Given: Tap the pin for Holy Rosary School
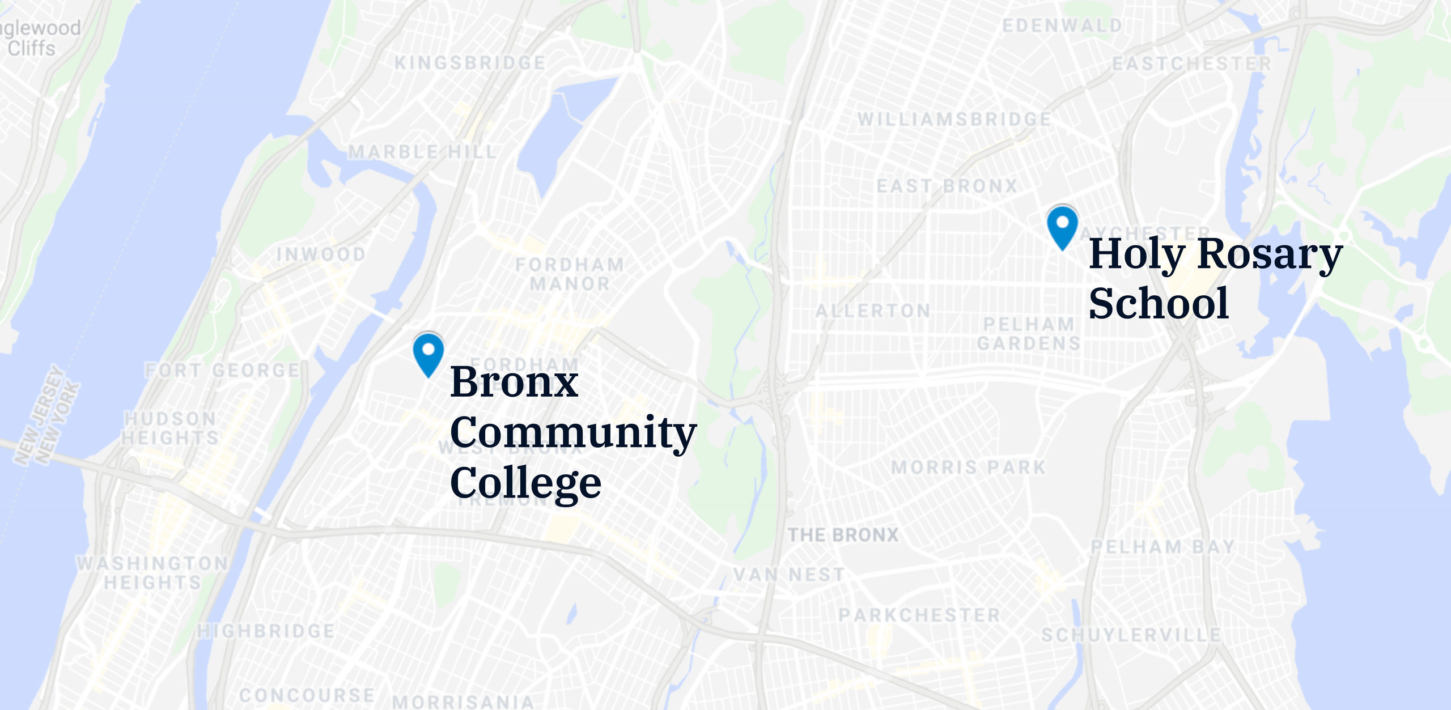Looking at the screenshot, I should tap(1062, 225).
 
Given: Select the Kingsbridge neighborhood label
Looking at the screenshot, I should tap(470, 62).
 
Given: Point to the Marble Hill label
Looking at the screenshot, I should tap(422, 152).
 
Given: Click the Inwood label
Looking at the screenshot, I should tap(321, 254).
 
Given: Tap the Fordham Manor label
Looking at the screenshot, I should tap(570, 274).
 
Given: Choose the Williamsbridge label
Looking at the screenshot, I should tap(954, 119).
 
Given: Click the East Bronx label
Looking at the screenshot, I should tap(947, 186).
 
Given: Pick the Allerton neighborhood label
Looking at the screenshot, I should tap(873, 311).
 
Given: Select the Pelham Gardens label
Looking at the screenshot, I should tap(1029, 334).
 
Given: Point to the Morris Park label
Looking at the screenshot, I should tap(968, 467).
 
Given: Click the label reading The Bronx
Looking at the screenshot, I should tap(843, 535).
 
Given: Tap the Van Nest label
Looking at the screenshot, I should tap(789, 575).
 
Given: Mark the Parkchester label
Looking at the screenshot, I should tap(919, 615).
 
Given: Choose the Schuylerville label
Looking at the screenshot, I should tap(1131, 635).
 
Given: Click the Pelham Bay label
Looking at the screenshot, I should tap(1163, 547).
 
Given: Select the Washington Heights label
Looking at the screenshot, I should tap(152, 573).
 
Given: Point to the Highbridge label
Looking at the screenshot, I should tap(266, 631).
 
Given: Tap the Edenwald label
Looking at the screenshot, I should tap(1062, 25).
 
